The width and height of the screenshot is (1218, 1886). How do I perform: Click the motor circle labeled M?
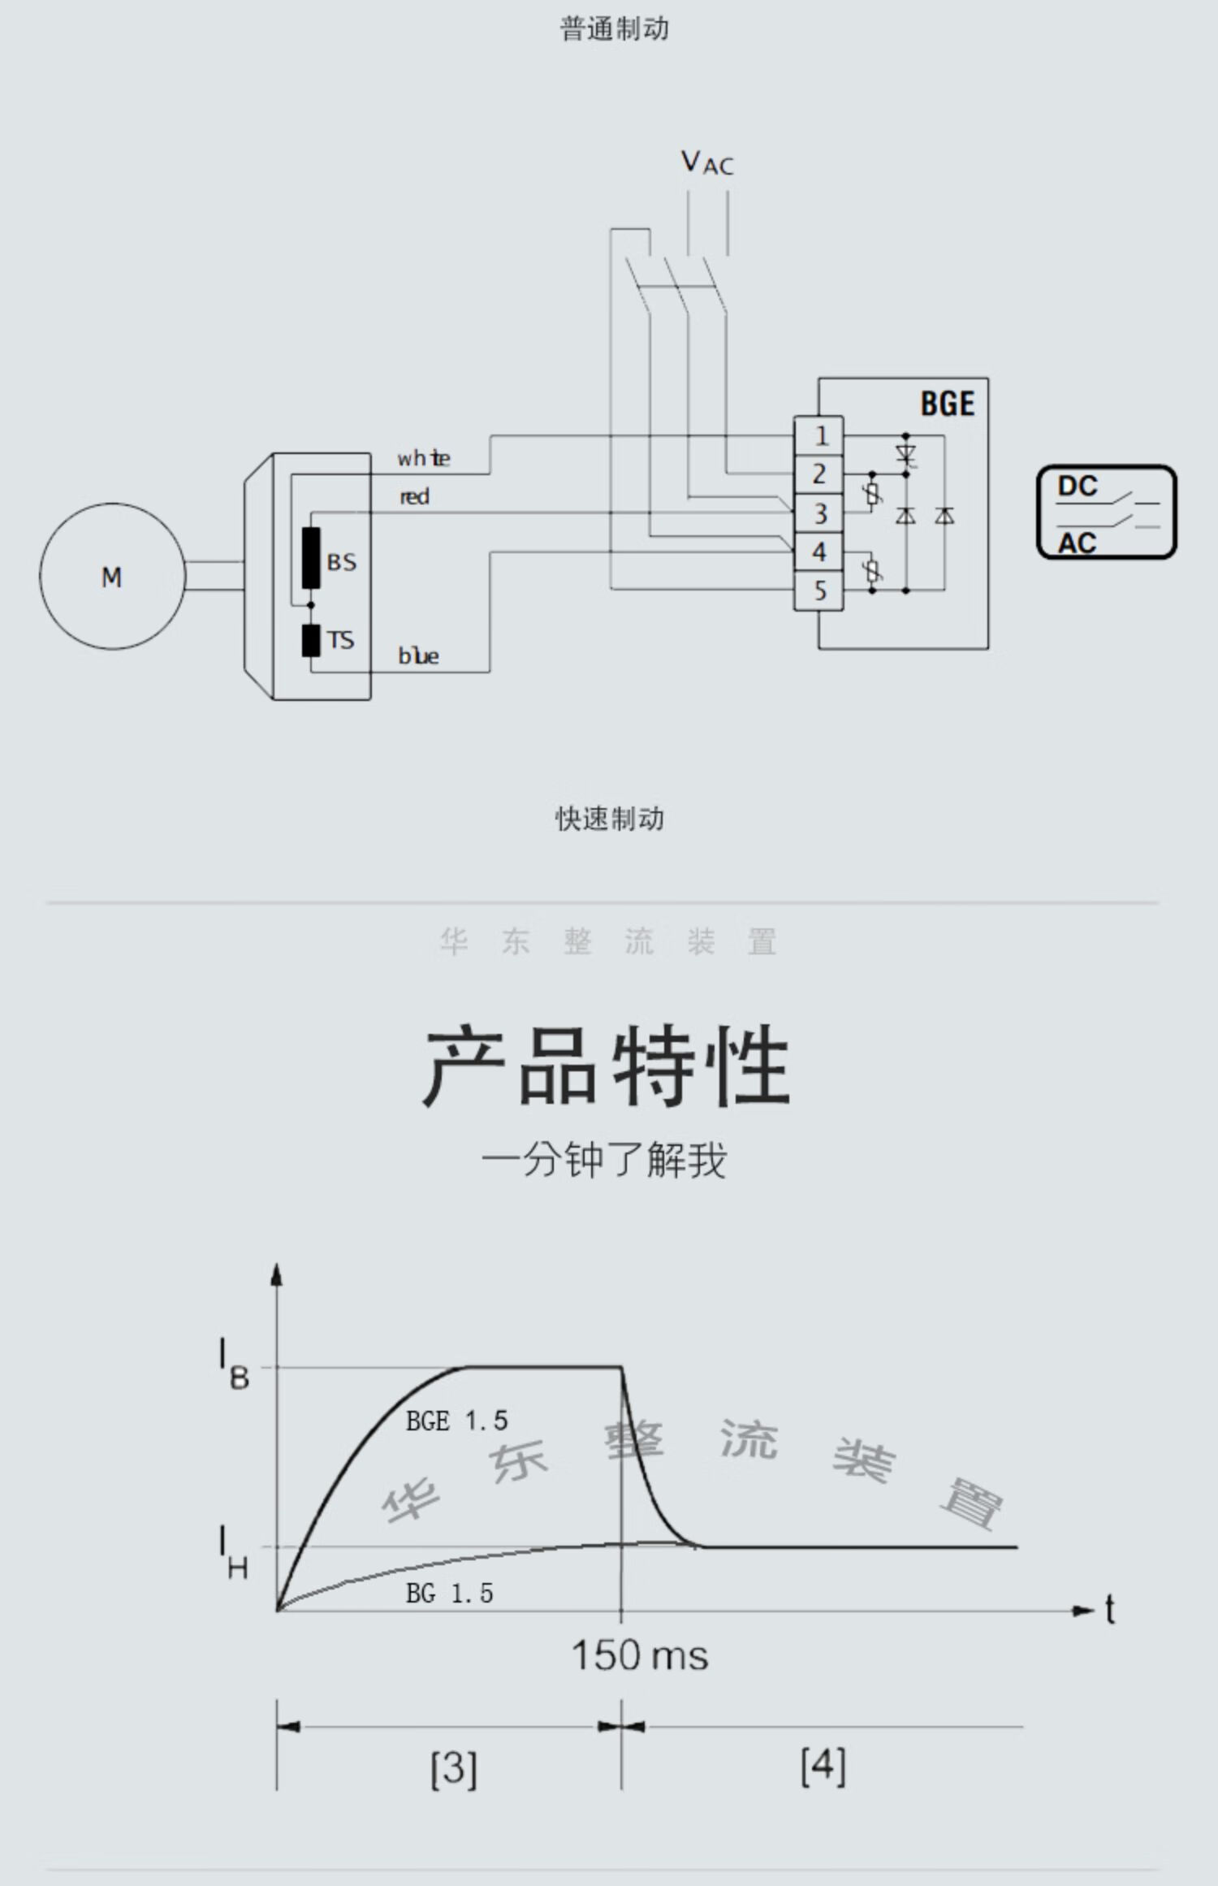click(112, 576)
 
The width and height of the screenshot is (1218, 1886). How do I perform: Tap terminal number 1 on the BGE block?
click(819, 436)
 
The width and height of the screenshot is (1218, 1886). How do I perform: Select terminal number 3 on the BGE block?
click(819, 513)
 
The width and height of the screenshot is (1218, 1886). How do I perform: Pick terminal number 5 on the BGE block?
click(819, 590)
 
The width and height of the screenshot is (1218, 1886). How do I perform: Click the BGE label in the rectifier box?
click(947, 404)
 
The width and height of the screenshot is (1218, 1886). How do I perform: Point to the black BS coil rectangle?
click(311, 557)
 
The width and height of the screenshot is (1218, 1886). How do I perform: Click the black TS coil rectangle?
click(311, 641)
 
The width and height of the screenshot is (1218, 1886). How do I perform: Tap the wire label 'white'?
click(423, 459)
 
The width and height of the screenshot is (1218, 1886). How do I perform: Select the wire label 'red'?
click(414, 496)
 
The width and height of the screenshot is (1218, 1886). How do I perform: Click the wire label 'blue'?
click(418, 655)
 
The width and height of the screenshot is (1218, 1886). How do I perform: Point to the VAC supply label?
click(706, 163)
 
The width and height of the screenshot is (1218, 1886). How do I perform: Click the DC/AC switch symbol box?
click(1106, 513)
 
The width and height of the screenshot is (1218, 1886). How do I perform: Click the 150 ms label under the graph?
click(639, 1655)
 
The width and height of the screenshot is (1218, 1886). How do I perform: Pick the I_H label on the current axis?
click(232, 1552)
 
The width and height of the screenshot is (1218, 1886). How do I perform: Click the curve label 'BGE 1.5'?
click(456, 1421)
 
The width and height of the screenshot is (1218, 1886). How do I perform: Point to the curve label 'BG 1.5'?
click(449, 1593)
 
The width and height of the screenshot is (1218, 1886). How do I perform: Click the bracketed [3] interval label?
click(453, 1768)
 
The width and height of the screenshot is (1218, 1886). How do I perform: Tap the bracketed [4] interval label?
click(823, 1766)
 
